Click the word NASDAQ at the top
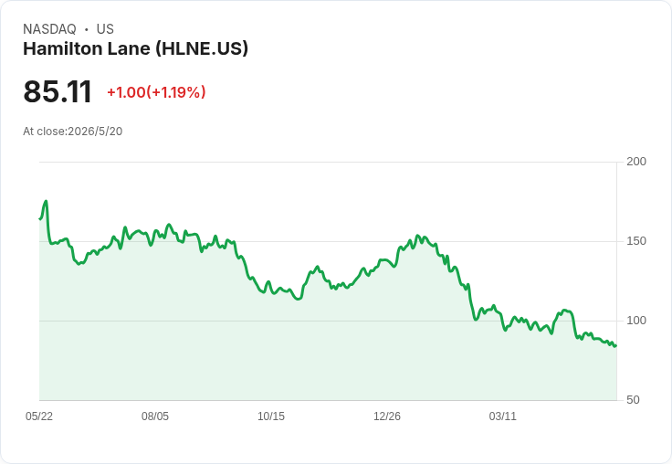click(x=49, y=29)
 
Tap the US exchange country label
click(x=105, y=29)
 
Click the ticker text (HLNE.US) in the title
click(x=202, y=49)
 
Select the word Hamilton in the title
click(x=63, y=48)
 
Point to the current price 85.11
click(x=58, y=91)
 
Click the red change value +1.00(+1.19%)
click(x=156, y=92)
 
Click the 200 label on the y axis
click(x=636, y=162)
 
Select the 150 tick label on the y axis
click(x=636, y=241)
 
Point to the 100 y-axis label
click(x=636, y=321)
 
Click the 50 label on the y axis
click(x=633, y=400)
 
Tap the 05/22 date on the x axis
click(x=39, y=416)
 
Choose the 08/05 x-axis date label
click(x=155, y=416)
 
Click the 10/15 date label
click(x=271, y=416)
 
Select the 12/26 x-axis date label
click(x=387, y=416)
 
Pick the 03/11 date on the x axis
click(x=503, y=416)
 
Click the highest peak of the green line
click(x=46, y=201)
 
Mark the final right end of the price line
click(x=616, y=345)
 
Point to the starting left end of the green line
click(x=40, y=218)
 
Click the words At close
click(x=44, y=132)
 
